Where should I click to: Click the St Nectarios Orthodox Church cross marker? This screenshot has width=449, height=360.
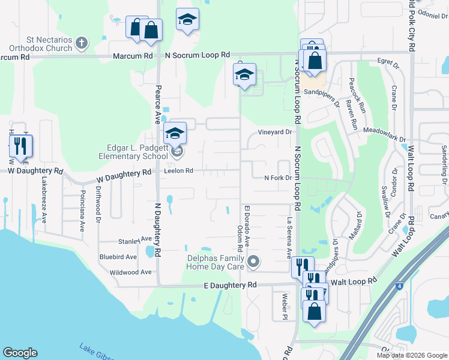[x=82, y=44]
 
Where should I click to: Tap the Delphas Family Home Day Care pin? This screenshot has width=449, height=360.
[x=254, y=261]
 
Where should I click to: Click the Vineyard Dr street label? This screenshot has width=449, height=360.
[x=275, y=131]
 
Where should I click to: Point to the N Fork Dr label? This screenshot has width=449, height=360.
[x=278, y=178]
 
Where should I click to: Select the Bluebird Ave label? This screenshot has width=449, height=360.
[x=118, y=257]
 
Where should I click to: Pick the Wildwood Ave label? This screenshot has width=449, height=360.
[x=130, y=272]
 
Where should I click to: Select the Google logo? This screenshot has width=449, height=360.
[x=20, y=353]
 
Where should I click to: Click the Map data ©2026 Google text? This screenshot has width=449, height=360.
[x=411, y=355]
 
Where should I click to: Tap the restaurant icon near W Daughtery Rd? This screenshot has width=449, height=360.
[x=20, y=145]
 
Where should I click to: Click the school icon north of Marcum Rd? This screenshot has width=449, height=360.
[x=187, y=20]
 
